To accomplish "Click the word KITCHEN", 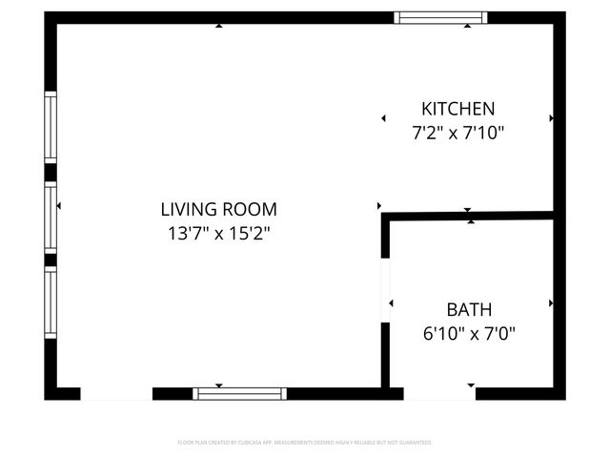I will pyautogui.click(x=458, y=109).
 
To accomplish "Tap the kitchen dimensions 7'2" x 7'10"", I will pyautogui.click(x=458, y=134).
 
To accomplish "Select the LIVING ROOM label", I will pyautogui.click(x=218, y=209).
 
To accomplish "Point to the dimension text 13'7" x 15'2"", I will pyautogui.click(x=218, y=233).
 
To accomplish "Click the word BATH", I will pyautogui.click(x=469, y=310).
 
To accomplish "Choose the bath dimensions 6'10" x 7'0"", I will pyautogui.click(x=469, y=334).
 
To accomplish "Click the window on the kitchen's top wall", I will pyautogui.click(x=441, y=17).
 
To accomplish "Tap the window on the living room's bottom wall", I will pyautogui.click(x=239, y=393).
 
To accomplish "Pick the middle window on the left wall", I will pyautogui.click(x=51, y=217).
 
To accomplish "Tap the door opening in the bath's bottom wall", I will pyautogui.click(x=439, y=393).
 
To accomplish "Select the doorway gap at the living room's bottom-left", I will pyautogui.click(x=116, y=393).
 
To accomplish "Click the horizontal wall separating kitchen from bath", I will pyautogui.click(x=472, y=217).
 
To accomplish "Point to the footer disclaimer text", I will pyautogui.click(x=305, y=443).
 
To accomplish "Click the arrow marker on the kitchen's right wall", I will pyautogui.click(x=551, y=118).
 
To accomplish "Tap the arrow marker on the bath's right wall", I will pyautogui.click(x=551, y=303).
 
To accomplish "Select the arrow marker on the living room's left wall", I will pyautogui.click(x=59, y=206).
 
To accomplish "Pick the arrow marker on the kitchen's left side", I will pyautogui.click(x=383, y=118).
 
